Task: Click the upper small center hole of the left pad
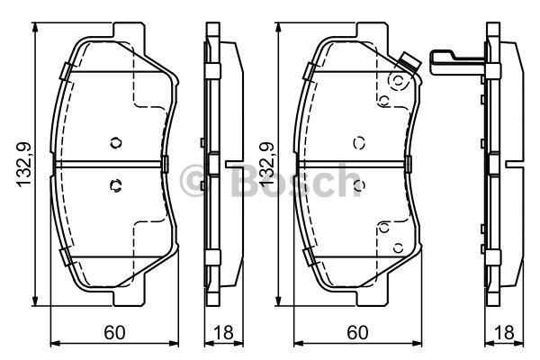pyautogui.click(x=114, y=142)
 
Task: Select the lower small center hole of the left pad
pyautogui.click(x=114, y=185)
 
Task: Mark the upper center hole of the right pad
pyautogui.click(x=359, y=142)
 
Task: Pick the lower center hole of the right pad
pyautogui.click(x=359, y=185)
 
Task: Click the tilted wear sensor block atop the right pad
pyautogui.click(x=410, y=64)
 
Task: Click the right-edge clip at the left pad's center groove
pyautogui.click(x=168, y=164)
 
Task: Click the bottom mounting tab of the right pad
pyautogui.click(x=368, y=295)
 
